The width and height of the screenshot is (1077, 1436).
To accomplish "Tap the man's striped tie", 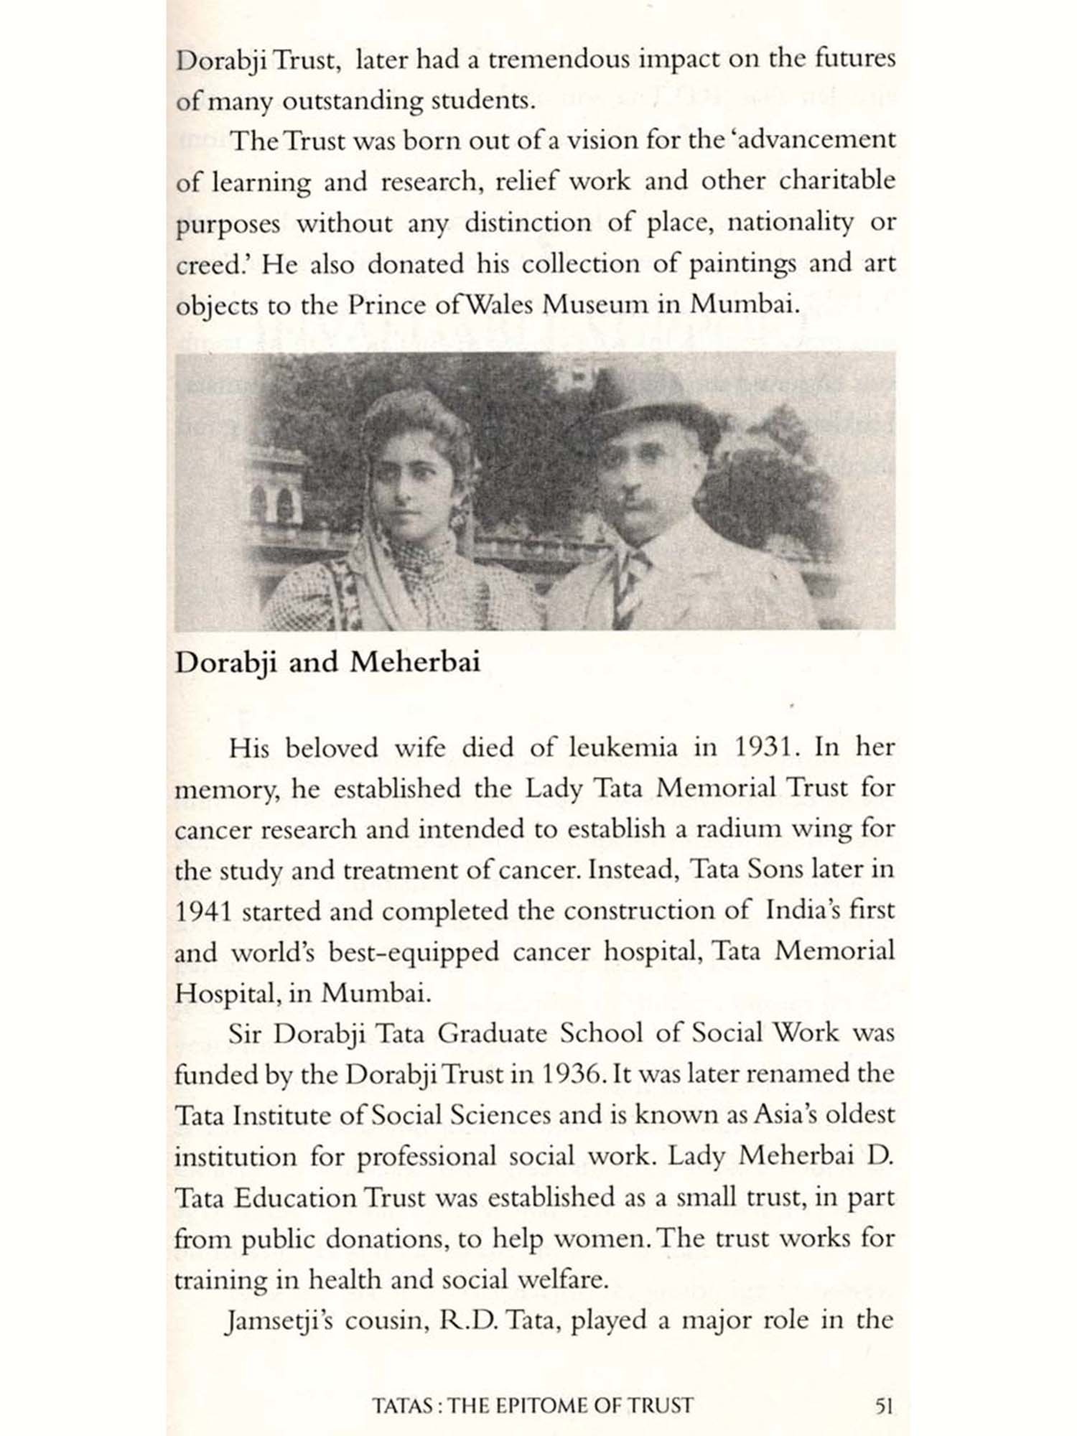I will click(633, 582).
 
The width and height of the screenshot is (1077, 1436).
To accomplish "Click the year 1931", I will click(768, 748).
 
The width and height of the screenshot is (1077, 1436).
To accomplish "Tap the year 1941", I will click(202, 912).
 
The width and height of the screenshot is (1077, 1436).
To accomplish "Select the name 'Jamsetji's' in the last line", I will click(277, 1321).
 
